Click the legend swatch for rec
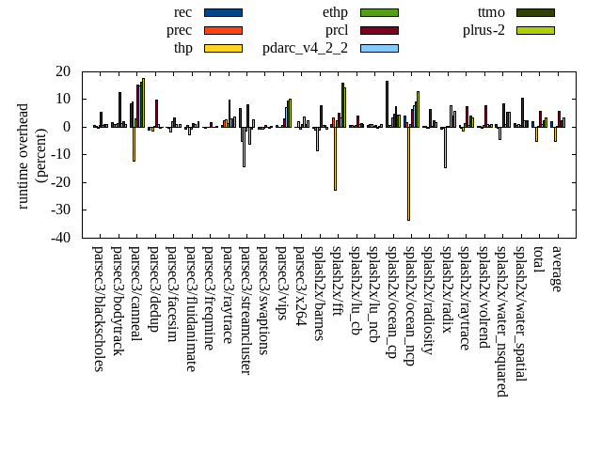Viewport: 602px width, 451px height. [223, 13]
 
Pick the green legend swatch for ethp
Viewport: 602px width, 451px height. [379, 13]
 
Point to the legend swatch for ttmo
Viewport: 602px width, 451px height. [534, 13]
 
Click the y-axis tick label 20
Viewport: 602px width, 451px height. [64, 71]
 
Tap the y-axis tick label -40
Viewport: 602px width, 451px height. [61, 238]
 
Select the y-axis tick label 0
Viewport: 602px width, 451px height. [68, 127]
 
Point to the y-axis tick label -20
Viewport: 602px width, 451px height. [61, 182]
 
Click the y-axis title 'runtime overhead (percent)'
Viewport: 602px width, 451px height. [32, 155]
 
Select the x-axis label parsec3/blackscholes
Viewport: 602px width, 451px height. [98, 308]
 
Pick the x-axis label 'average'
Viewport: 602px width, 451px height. [556, 269]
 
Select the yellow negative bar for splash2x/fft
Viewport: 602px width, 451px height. [335, 159]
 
